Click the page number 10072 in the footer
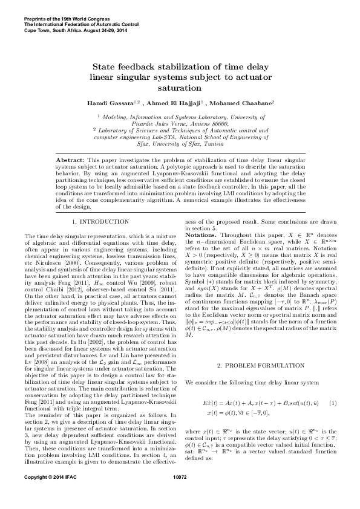pos(180,494)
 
